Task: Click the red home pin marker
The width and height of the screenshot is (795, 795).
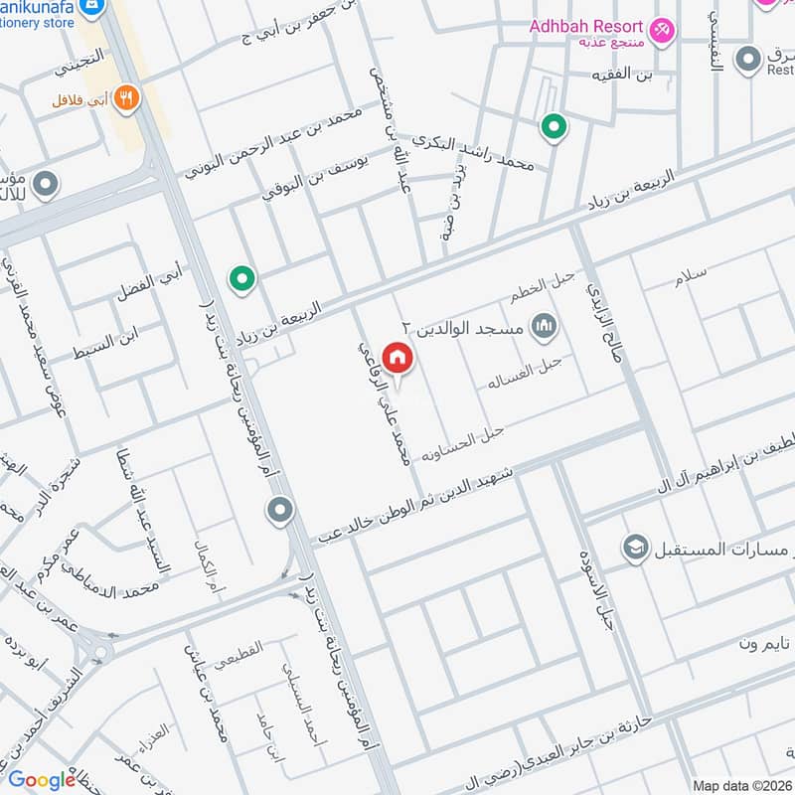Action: point(397,357)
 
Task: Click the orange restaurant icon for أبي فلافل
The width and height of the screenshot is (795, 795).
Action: point(126,96)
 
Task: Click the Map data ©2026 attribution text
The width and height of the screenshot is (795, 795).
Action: point(741,786)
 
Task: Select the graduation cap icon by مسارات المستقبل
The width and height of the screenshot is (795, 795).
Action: point(635,548)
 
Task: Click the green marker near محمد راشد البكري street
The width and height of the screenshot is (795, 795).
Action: point(554,127)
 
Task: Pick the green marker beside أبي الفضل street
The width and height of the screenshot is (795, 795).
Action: point(240,280)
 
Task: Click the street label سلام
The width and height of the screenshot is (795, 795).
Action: point(690,279)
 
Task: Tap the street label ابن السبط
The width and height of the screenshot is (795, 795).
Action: point(117,341)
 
